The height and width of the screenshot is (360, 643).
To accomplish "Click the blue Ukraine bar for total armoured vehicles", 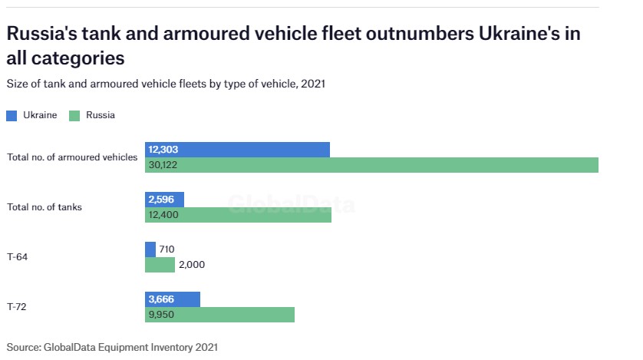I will click(x=237, y=150).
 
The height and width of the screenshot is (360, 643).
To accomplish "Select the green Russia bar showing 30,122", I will click(x=371, y=165).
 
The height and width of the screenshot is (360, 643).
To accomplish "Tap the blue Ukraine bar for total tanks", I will click(x=164, y=200).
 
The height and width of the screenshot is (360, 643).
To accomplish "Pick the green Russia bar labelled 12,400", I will click(x=238, y=215).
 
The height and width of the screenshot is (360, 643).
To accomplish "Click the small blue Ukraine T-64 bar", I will click(x=150, y=249).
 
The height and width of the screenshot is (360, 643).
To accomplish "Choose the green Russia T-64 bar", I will click(x=160, y=265).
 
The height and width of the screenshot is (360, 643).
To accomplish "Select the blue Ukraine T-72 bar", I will click(x=173, y=299).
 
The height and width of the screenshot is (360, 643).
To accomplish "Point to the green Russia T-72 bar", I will click(x=219, y=315).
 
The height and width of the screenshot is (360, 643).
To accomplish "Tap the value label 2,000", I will click(x=191, y=265).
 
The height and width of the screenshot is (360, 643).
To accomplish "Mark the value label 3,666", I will click(x=162, y=299).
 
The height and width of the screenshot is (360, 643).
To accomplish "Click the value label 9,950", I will click(x=162, y=315).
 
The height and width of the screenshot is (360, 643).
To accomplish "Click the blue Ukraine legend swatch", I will click(x=12, y=115).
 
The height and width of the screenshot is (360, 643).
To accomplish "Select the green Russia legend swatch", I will click(x=74, y=115).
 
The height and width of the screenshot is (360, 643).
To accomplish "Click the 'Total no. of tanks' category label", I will click(x=45, y=207).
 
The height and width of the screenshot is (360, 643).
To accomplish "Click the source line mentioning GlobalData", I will click(x=112, y=347).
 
